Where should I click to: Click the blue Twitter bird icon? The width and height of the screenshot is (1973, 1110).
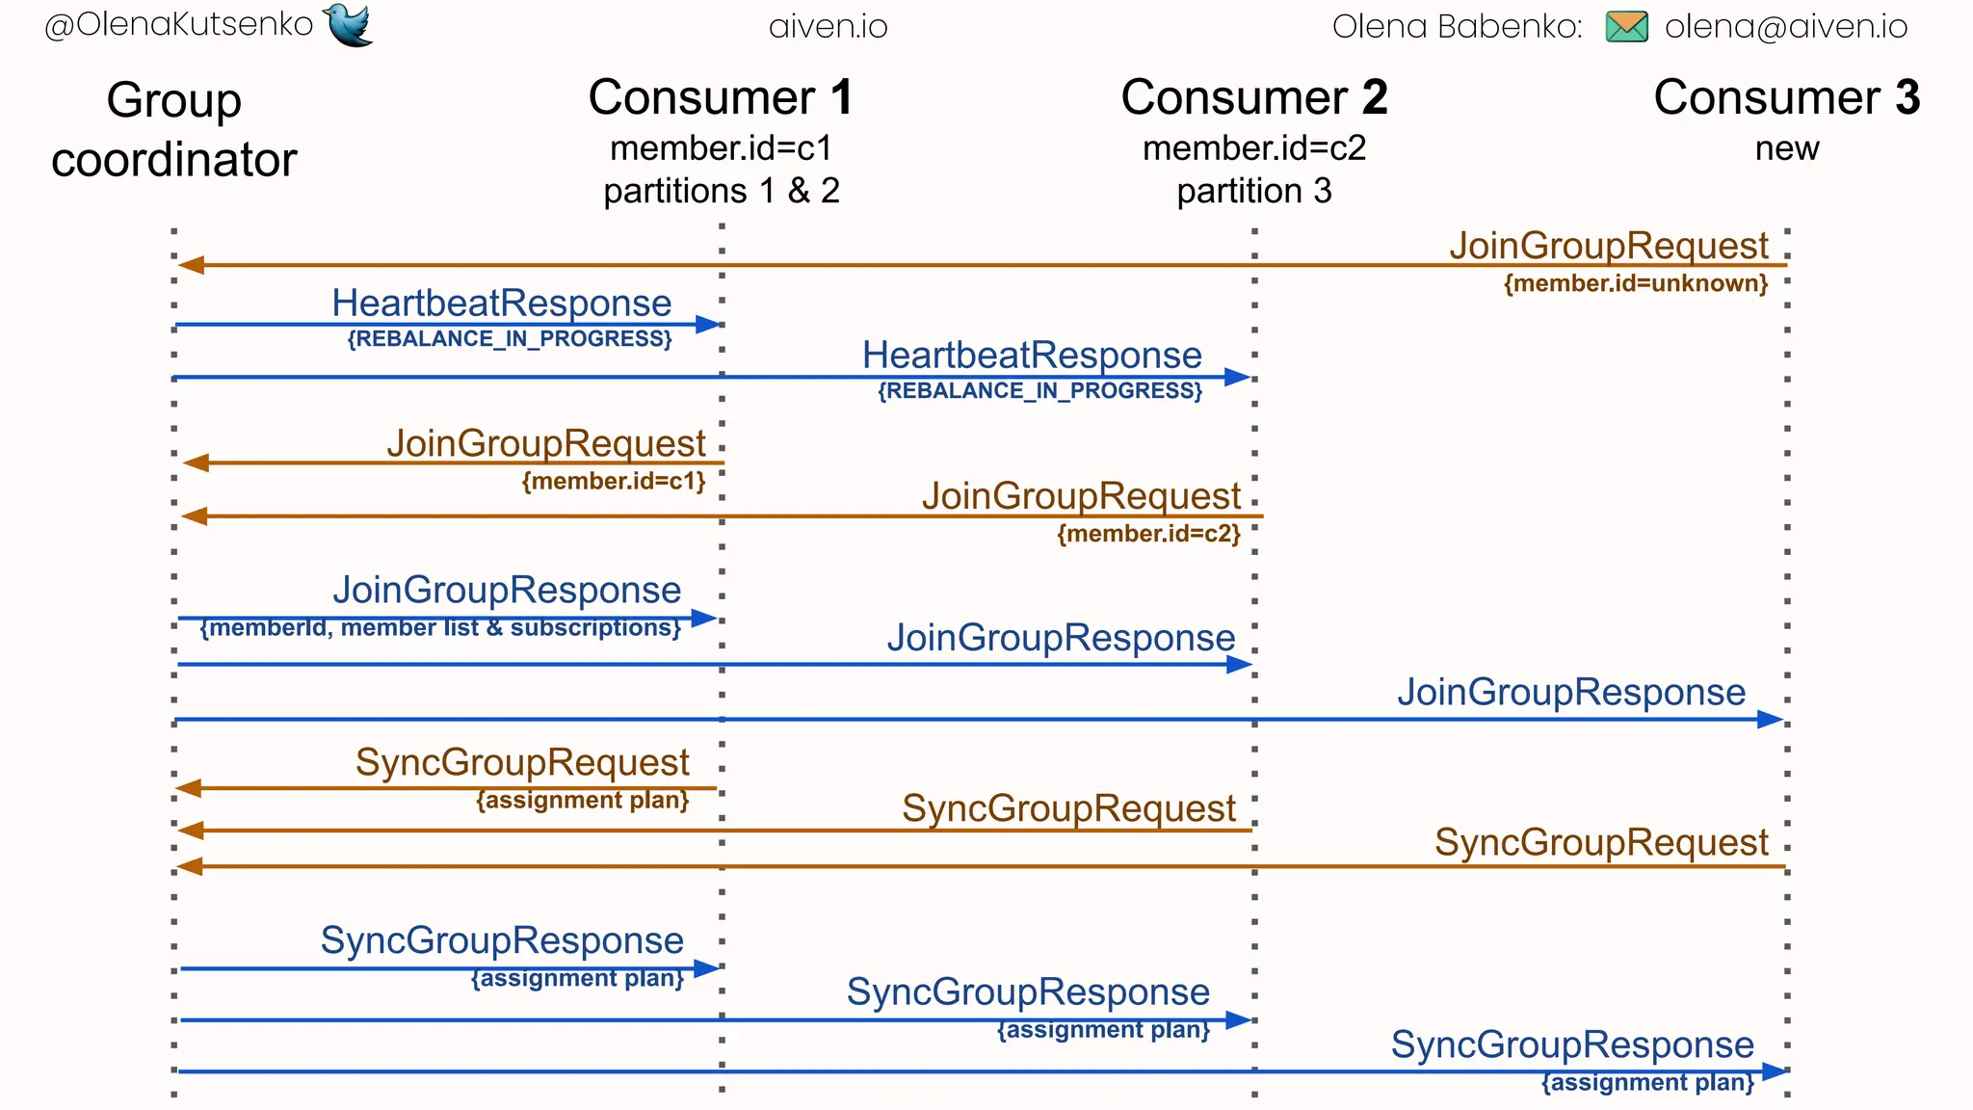[349, 24]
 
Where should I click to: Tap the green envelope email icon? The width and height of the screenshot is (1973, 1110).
[1626, 26]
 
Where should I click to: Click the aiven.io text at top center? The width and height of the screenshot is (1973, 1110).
[828, 26]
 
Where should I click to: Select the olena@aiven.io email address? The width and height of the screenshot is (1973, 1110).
[1785, 26]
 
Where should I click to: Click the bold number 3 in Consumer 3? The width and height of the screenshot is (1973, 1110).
[1907, 97]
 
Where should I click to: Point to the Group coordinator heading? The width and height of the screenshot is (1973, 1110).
[174, 129]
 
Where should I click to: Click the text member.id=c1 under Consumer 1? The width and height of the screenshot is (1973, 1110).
[721, 148]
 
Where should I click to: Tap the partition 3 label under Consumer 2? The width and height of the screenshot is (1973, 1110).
[1253, 191]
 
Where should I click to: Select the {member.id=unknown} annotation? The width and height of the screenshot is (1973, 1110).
[1635, 283]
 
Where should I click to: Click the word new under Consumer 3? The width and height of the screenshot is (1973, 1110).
[1786, 148]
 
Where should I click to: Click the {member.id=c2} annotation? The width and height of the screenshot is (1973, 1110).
[1148, 533]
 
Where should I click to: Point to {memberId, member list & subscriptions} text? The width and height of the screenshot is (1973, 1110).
[440, 628]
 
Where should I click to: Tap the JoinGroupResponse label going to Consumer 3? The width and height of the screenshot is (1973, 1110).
[1570, 692]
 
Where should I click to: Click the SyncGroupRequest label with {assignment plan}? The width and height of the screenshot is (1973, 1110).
[522, 762]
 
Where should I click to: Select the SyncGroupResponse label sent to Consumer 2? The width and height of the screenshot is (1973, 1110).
[1028, 991]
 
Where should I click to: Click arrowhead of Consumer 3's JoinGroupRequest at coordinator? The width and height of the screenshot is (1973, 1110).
[190, 265]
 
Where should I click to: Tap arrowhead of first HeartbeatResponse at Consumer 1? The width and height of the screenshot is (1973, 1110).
[709, 325]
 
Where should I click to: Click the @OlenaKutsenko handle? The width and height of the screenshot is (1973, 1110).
[179, 24]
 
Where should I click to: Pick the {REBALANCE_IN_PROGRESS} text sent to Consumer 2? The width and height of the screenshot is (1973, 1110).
[1039, 390]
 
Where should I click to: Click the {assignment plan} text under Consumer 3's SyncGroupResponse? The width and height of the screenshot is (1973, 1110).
[1647, 1082]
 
